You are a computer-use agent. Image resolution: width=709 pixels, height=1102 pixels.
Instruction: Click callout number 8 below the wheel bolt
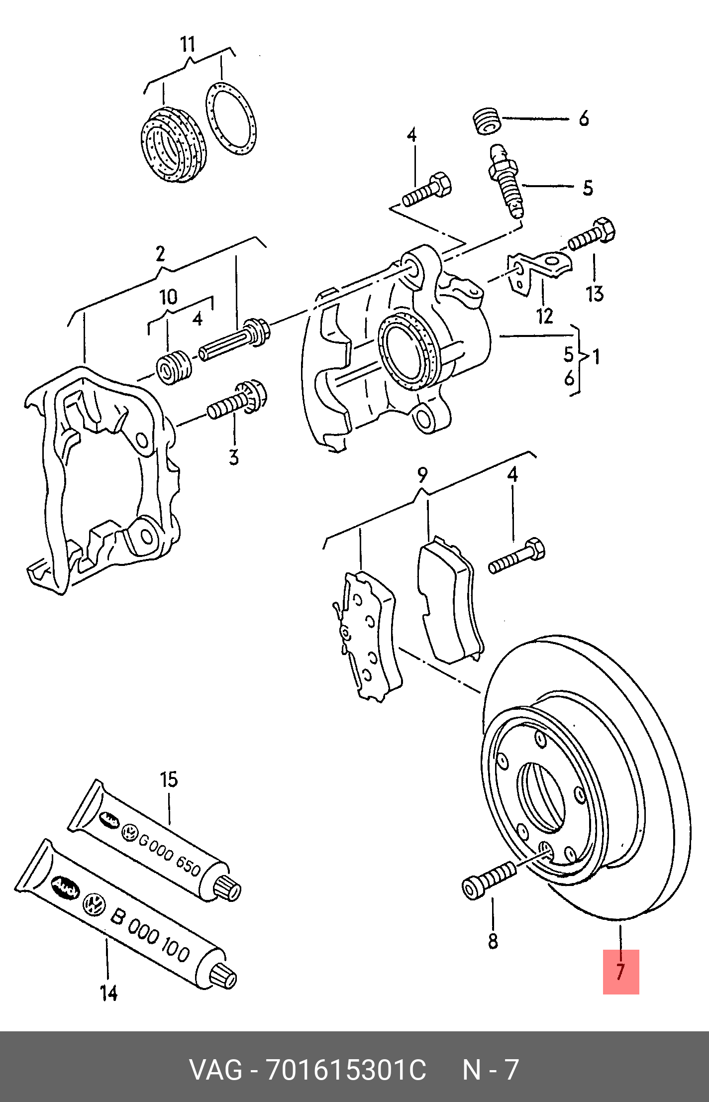[493, 941]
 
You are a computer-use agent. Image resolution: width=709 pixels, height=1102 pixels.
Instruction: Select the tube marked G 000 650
[154, 842]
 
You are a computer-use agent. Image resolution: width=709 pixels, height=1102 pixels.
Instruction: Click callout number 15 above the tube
[169, 779]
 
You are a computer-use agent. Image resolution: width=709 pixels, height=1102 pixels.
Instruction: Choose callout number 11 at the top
[188, 44]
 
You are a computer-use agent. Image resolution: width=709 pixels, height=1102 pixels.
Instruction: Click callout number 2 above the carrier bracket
[160, 253]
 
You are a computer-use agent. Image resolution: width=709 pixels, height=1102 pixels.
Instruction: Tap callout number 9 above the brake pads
[421, 475]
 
